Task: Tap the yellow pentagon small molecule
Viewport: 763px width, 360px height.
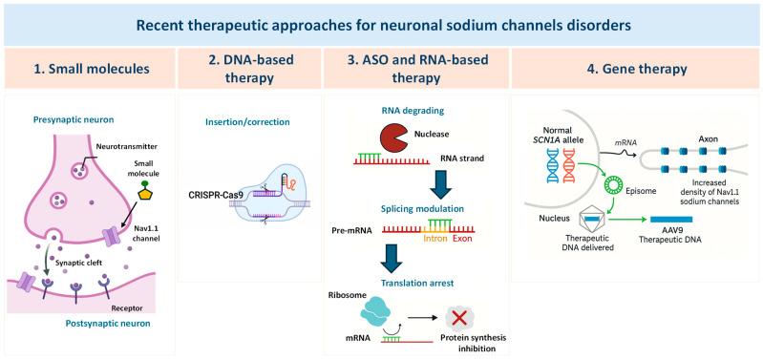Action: (x=143, y=194)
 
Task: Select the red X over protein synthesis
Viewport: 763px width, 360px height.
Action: (x=458, y=319)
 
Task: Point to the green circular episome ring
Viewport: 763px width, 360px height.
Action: (x=615, y=184)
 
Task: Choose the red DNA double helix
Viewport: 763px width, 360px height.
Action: (x=569, y=166)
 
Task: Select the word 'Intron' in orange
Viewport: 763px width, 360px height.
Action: (x=434, y=240)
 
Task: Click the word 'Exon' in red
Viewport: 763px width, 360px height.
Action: (x=462, y=240)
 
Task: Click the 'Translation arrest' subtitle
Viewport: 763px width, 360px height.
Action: (x=417, y=282)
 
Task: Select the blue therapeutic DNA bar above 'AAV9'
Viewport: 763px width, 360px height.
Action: (x=671, y=220)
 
